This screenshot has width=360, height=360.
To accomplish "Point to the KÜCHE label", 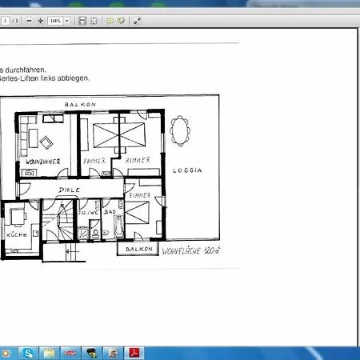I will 16,234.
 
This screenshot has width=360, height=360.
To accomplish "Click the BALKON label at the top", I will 80,105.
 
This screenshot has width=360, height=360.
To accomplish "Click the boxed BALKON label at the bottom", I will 138,250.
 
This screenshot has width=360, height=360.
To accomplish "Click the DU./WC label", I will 87,212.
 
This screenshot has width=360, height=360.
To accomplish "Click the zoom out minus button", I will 30,20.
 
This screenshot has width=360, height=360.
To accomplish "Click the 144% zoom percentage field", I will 55,20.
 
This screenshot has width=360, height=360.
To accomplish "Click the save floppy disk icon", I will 82,20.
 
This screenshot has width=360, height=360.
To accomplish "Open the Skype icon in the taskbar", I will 30,352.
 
